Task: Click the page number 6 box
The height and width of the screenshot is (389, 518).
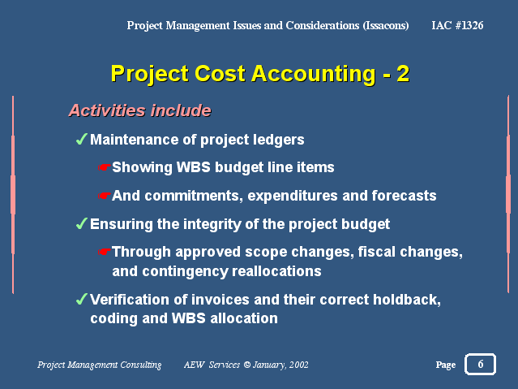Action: (x=480, y=364)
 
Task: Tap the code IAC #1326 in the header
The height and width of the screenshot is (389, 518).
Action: (x=457, y=25)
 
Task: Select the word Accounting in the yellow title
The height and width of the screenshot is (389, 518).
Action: (x=314, y=74)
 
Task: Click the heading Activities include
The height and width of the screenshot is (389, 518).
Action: (x=139, y=110)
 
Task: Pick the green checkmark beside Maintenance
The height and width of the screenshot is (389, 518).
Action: (x=82, y=139)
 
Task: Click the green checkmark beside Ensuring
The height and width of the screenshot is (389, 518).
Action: (x=82, y=223)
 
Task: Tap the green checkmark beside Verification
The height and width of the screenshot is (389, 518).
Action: (x=82, y=299)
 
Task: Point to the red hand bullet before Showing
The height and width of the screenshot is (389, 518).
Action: (x=104, y=167)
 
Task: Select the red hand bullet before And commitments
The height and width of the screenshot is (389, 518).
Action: (x=104, y=196)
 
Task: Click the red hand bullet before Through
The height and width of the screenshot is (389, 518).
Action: (x=104, y=253)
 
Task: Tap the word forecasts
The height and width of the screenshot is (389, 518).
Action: (x=404, y=196)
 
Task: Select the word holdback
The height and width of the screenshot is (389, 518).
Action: (x=407, y=300)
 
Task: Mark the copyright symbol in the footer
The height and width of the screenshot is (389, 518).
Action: (x=246, y=365)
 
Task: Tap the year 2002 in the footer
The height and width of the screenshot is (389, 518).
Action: (x=299, y=365)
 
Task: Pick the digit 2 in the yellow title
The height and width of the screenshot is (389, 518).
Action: (x=403, y=74)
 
